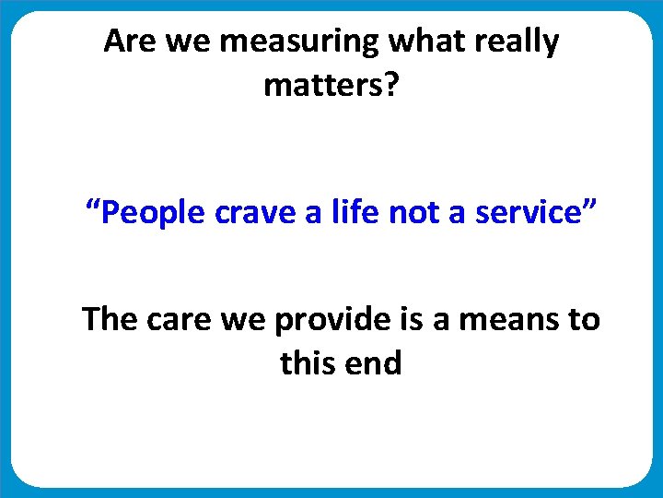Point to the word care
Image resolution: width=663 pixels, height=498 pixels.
[x=182, y=320]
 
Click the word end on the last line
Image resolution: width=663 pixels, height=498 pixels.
[x=374, y=363]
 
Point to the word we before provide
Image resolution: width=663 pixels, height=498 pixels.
[x=250, y=320]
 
